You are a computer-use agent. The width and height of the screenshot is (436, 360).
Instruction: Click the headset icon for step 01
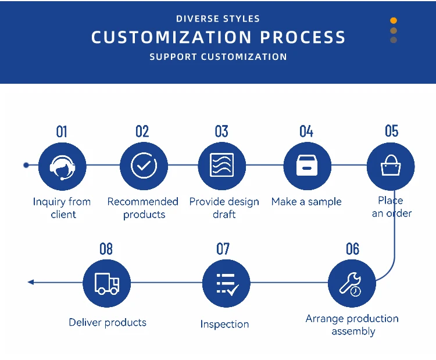point(62,167)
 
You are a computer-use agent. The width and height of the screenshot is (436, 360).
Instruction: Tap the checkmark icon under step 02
point(144,166)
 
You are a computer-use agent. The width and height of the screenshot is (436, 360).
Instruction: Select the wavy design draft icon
point(221,165)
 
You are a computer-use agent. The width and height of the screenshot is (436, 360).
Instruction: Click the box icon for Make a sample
point(307,166)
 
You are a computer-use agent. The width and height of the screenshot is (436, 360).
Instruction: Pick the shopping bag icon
point(391,165)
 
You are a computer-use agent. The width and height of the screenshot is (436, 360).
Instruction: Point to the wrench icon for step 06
point(351,284)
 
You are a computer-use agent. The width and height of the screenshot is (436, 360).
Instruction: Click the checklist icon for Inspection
point(227,284)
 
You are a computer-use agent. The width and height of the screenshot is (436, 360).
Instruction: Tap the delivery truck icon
point(107,283)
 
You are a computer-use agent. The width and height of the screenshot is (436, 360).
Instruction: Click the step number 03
point(221,131)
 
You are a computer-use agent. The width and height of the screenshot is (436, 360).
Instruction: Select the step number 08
point(106,249)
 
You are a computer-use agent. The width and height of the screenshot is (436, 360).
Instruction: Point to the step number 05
point(391,131)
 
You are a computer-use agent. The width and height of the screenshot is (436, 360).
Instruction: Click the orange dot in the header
point(394,20)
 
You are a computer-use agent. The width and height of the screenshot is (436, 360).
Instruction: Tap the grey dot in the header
point(394,40)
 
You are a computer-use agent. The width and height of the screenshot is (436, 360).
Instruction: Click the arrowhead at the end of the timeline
point(31,282)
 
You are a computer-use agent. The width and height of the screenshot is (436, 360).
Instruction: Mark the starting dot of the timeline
point(26,165)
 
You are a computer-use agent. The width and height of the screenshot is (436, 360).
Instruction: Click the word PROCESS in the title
point(302,37)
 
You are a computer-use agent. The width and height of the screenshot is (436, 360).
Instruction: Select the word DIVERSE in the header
point(198,19)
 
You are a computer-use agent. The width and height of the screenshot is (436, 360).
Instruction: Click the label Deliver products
point(108,322)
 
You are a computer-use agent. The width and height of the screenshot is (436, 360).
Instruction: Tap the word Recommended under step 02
point(142,201)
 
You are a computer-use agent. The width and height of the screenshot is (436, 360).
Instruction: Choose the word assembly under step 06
point(353,332)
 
